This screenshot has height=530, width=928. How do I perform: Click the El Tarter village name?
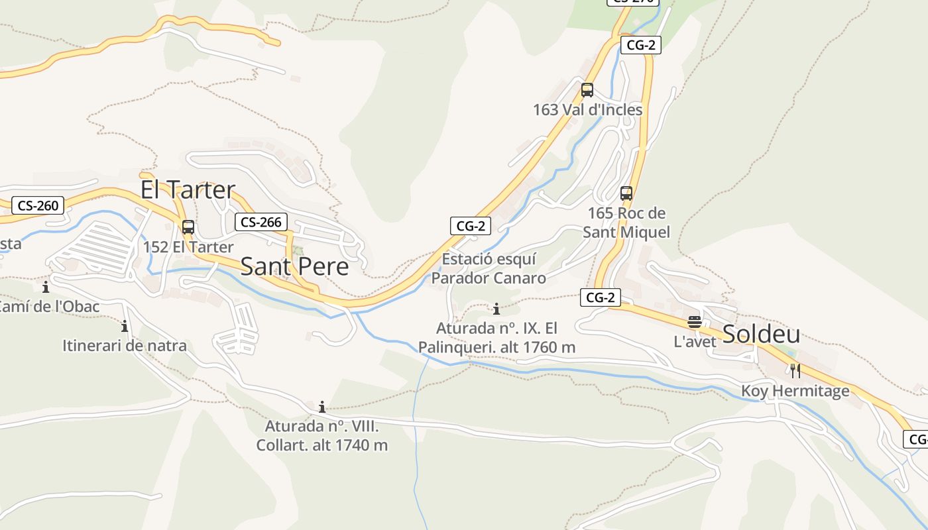(188, 189)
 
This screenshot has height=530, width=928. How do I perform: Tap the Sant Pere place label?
(294, 266)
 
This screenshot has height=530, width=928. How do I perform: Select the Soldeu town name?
(761, 334)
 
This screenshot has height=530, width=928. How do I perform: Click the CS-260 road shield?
(38, 205)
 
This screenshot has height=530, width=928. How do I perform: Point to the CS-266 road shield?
(261, 222)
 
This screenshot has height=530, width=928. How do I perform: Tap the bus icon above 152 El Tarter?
(188, 227)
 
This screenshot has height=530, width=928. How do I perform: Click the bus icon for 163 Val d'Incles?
(587, 90)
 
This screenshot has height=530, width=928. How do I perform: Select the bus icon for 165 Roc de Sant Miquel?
(626, 193)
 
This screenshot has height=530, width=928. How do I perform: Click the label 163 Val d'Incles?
(588, 110)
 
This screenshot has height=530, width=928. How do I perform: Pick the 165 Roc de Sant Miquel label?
(626, 223)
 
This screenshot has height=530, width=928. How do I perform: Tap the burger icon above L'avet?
(695, 323)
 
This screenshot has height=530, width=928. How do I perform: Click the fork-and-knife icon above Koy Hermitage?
(795, 371)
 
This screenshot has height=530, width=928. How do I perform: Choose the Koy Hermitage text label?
(795, 391)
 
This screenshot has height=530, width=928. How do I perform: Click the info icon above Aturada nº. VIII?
(322, 407)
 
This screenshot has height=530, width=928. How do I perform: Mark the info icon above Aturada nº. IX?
(496, 309)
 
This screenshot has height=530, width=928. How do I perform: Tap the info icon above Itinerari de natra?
(125, 326)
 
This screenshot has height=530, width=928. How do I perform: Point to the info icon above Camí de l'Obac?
(46, 288)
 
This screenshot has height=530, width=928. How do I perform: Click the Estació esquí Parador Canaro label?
(489, 268)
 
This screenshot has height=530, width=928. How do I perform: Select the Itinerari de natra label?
(125, 346)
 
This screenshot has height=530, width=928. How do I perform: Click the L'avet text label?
(695, 342)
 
